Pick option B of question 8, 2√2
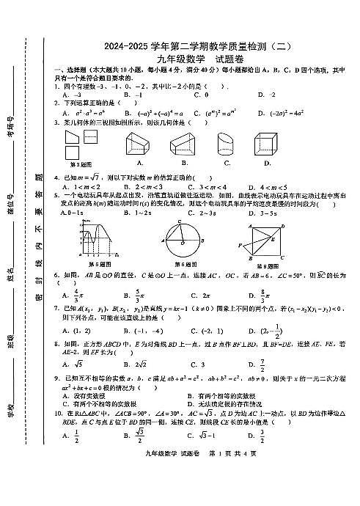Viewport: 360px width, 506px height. pyautogui.click(x=139, y=364)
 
